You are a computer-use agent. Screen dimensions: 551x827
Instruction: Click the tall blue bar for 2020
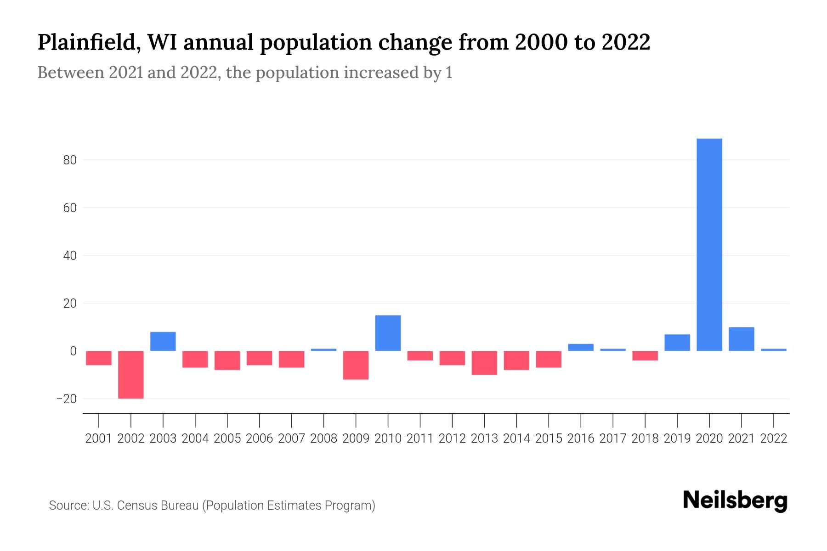709,244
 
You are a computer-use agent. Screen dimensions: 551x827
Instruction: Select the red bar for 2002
131,374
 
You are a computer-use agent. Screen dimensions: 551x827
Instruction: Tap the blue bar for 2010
388,333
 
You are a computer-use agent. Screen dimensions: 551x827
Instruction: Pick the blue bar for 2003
163,341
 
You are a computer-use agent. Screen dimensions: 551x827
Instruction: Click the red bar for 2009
356,365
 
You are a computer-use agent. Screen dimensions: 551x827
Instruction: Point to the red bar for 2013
484,363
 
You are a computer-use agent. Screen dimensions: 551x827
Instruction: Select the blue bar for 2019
677,343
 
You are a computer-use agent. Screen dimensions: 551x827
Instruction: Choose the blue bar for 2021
742,339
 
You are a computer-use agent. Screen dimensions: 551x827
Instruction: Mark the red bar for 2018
645,355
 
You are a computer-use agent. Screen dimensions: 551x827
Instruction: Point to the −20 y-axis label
66,399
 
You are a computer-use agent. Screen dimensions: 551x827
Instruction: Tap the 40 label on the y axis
69,256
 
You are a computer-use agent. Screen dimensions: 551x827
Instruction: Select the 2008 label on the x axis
324,439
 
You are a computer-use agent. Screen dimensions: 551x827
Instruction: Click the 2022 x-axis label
774,439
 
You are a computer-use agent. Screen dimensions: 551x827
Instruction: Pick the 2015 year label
549,439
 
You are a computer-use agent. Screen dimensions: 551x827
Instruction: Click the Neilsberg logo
735,500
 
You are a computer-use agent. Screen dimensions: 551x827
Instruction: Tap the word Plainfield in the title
85,42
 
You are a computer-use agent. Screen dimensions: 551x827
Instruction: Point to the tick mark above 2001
99,420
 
